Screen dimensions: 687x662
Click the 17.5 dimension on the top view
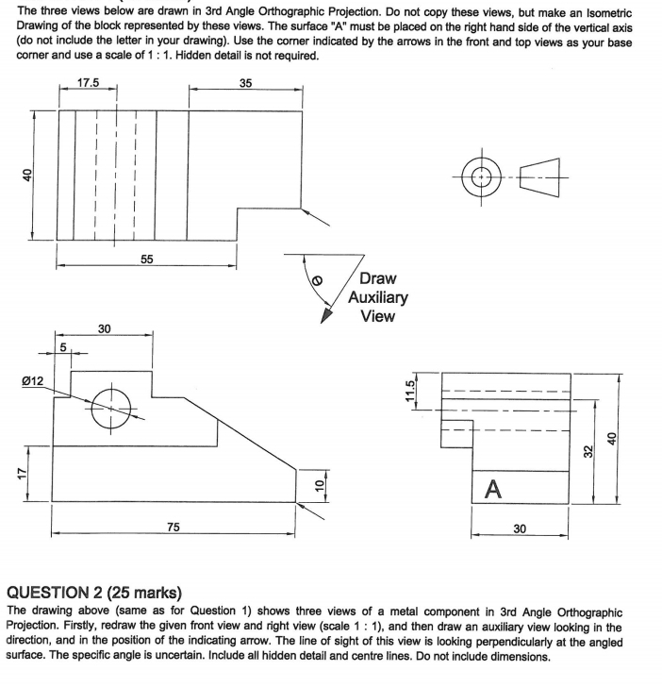pos(87,83)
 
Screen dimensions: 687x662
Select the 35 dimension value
pos(246,83)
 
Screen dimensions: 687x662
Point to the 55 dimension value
pos(146,259)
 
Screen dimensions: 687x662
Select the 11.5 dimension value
pos(410,390)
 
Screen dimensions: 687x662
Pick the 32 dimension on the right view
pos(587,452)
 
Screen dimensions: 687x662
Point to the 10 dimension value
pos(319,485)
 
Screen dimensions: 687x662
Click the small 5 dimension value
pos(63,345)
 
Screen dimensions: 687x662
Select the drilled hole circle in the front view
pos(110,406)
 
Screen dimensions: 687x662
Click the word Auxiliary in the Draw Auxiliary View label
pos(378,297)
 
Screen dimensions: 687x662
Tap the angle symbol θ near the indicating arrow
pos(317,280)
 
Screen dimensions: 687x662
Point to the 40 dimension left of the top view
pos(28,175)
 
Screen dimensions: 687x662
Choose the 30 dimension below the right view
pos(520,530)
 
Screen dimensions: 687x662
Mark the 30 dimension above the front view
pos(105,328)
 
